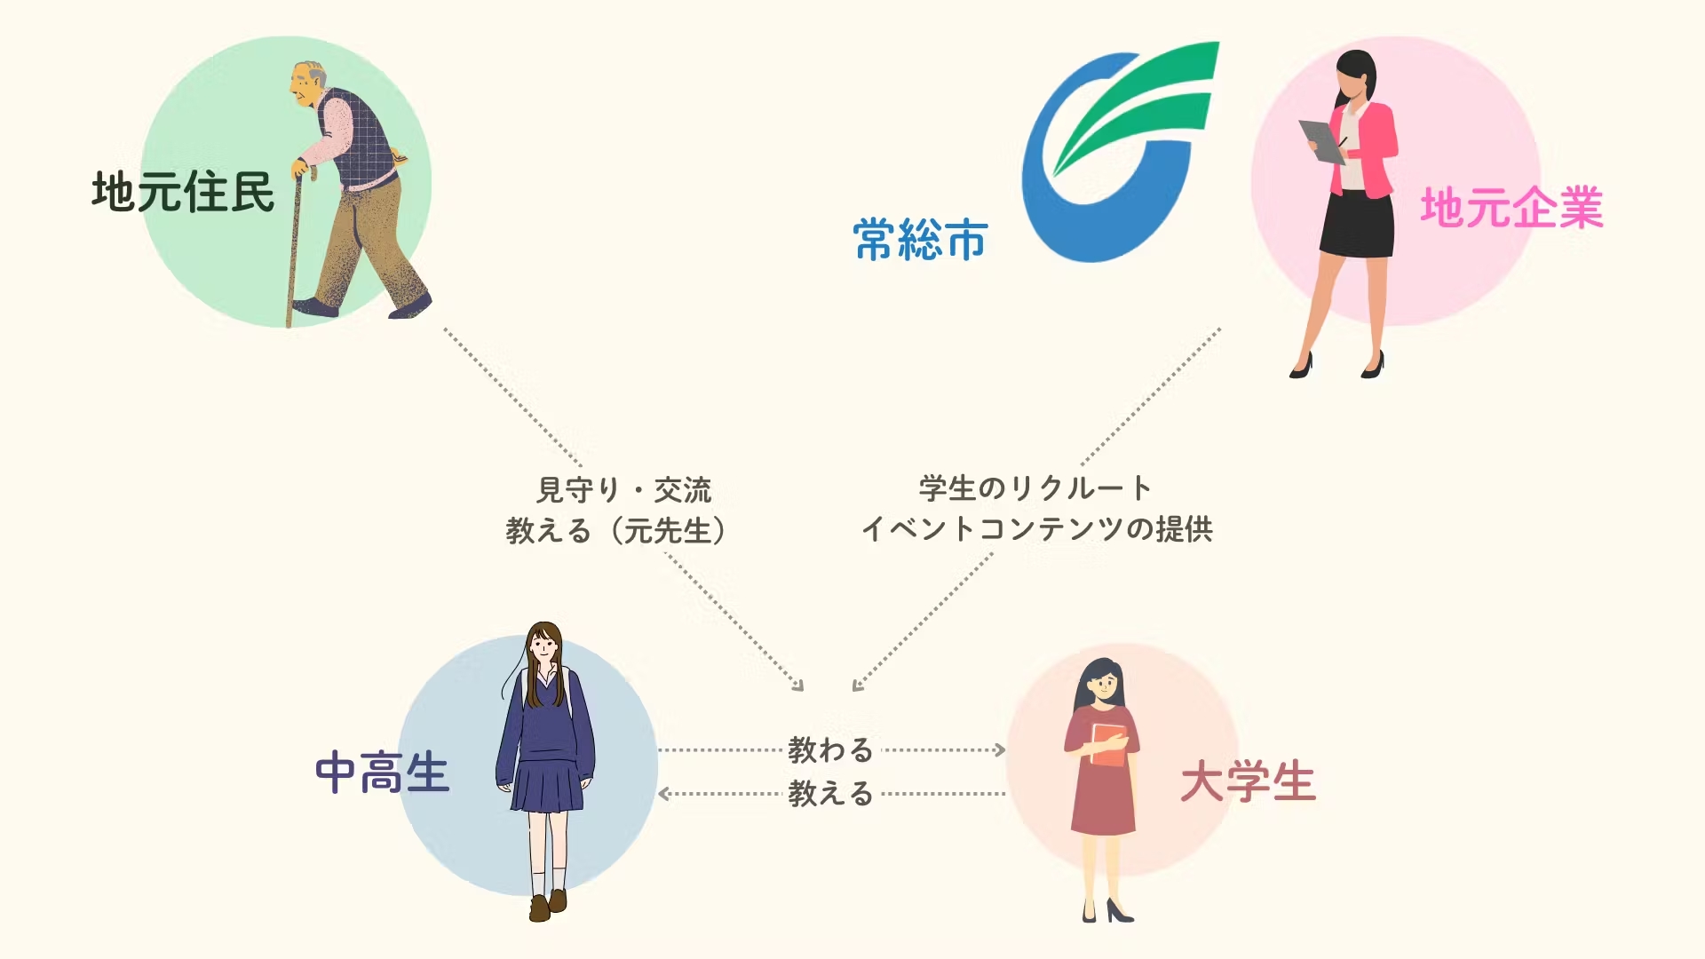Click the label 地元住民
coord(183,192)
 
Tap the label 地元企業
coord(1511,208)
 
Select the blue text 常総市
coord(920,240)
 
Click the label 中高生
coord(382,773)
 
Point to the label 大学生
coord(1248,782)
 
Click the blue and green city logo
coord(1120,152)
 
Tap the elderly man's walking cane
coord(296,244)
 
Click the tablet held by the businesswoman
coord(1322,142)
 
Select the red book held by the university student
coord(1108,745)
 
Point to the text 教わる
coord(831,750)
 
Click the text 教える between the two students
coord(831,793)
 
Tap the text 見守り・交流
coord(624,489)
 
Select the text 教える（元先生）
coord(616,531)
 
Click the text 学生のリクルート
coord(1035,487)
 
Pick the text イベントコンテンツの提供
coord(1037,529)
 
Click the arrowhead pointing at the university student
coord(1000,750)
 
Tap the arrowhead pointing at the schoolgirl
coord(664,794)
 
